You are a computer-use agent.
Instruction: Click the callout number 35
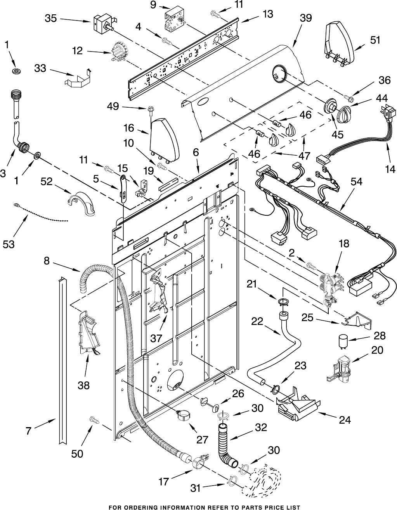point(51,18)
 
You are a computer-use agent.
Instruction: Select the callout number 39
point(306,18)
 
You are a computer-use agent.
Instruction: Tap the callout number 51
point(375,40)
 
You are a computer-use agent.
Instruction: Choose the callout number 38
point(83,385)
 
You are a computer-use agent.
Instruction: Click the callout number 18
point(343,244)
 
